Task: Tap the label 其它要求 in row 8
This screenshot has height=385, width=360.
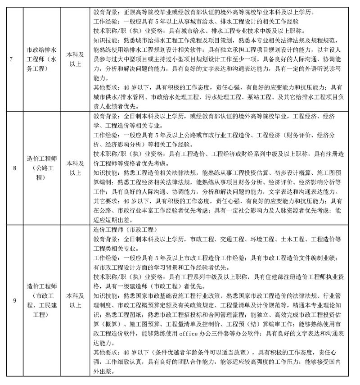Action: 105,201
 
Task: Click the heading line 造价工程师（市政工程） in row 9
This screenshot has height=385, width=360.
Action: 121,230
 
